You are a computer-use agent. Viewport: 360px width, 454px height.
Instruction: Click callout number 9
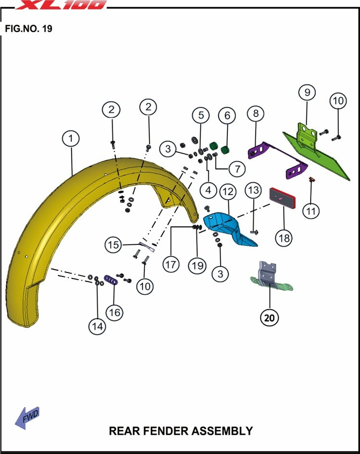click(307, 91)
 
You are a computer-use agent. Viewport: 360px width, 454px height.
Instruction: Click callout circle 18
click(284, 237)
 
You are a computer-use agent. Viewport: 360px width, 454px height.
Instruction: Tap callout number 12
click(228, 192)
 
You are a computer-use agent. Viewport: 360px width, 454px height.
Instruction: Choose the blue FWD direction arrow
click(27, 416)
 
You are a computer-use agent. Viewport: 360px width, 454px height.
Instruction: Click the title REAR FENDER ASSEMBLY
click(181, 430)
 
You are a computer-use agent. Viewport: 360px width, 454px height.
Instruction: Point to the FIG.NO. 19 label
click(28, 29)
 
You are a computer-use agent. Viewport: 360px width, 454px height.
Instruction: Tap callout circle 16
click(114, 312)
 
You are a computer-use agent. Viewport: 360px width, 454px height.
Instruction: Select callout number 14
click(98, 326)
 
